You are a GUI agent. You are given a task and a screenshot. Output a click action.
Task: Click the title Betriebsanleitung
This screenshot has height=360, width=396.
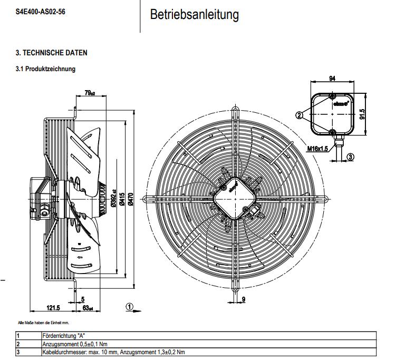pyautogui.click(x=194, y=15)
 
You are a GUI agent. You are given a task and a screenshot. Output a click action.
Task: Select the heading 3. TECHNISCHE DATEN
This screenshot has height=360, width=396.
pyautogui.click(x=51, y=53)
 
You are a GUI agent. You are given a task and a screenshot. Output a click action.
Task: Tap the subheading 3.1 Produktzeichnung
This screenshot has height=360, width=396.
pyautogui.click(x=45, y=69)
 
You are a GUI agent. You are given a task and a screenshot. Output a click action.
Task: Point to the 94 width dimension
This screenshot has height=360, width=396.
pyautogui.click(x=332, y=79)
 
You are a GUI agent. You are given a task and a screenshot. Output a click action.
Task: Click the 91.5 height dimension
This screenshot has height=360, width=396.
pyautogui.click(x=363, y=114)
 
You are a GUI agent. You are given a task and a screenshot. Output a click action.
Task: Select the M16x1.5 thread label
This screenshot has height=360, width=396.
pyautogui.click(x=317, y=149)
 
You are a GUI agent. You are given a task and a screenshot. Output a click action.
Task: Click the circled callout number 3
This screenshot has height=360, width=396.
pyautogui.click(x=350, y=157)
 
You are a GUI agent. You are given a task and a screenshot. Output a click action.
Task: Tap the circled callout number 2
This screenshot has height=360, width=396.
pyautogui.click(x=300, y=114)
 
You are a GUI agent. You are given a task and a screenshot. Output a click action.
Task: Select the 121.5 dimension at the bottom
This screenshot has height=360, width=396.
pyautogui.click(x=53, y=308)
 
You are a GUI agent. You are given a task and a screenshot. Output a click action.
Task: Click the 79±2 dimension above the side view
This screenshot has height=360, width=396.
pyautogui.click(x=90, y=93)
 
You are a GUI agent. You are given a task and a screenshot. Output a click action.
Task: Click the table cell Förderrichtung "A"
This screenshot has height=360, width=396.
pyautogui.click(x=63, y=336)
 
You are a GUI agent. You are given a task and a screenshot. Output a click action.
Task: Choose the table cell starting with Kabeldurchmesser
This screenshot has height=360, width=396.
pyautogui.click(x=113, y=352)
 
